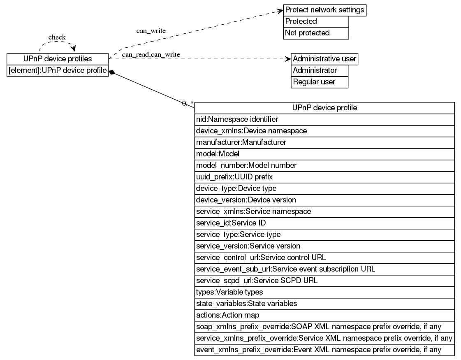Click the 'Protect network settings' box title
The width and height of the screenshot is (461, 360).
[x=324, y=10]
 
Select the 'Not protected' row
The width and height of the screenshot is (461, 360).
[x=316, y=33]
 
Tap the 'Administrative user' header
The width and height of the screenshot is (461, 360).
[x=324, y=59]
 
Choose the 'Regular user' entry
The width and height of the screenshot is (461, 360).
[x=319, y=82]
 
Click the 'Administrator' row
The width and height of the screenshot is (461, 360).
[x=319, y=70]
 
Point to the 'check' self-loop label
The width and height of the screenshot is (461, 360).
[x=57, y=37]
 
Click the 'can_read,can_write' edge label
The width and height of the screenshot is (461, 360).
[x=151, y=54]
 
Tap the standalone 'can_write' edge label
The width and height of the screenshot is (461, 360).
[x=151, y=31]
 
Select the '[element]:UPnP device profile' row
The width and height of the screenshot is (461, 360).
[x=58, y=70]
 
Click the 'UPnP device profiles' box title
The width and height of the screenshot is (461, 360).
[x=58, y=59]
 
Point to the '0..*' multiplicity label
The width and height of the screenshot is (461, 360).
[x=188, y=103]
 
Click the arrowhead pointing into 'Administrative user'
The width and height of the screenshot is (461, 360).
[x=288, y=59]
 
